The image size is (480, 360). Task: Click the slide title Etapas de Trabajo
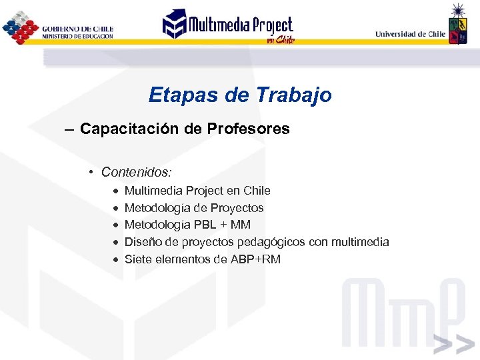(240, 95)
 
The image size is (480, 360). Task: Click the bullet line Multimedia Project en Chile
(197, 191)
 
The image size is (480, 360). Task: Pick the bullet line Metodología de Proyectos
(194, 208)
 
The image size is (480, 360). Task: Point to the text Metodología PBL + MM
(187, 225)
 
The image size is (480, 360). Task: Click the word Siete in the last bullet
(138, 259)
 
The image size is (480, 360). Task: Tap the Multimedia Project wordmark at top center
(240, 25)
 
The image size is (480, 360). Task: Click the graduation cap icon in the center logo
(175, 24)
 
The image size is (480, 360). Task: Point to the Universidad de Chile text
(410, 34)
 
